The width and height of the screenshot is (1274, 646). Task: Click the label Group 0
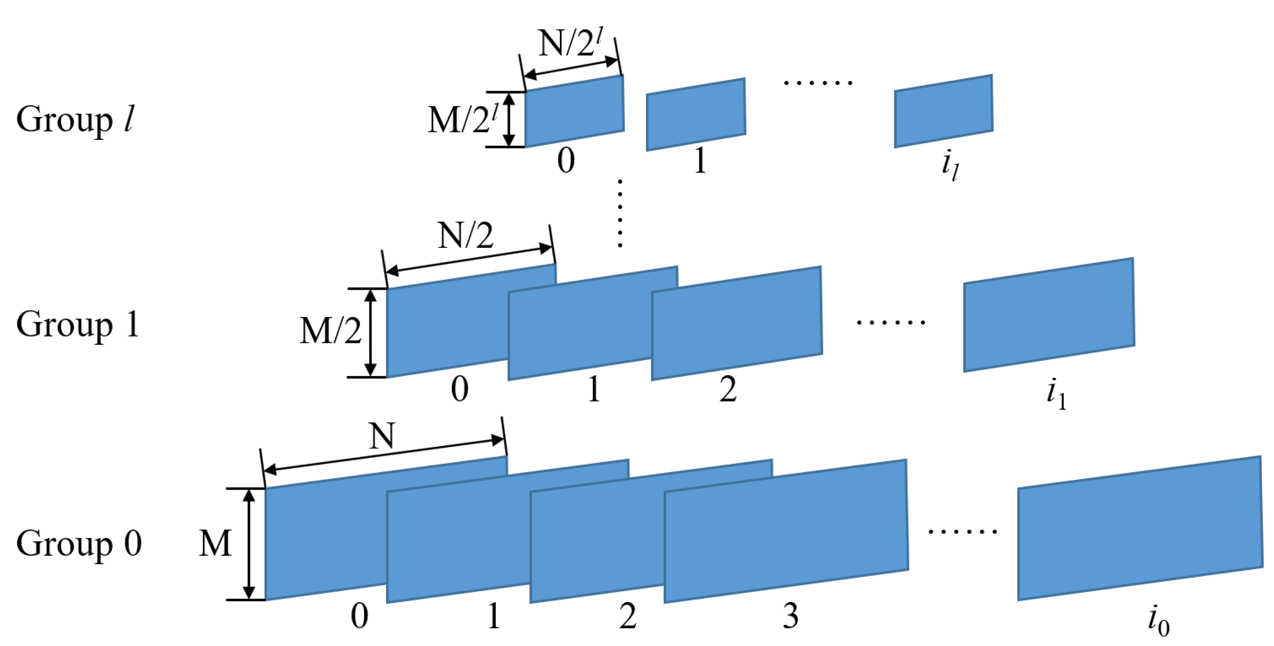(79, 544)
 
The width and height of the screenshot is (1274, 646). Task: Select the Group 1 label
(78, 325)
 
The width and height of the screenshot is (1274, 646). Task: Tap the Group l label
(74, 120)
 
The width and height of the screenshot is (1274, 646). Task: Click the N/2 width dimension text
(465, 236)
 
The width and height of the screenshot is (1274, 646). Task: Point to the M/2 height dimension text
(331, 331)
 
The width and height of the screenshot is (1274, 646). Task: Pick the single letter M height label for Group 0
(215, 544)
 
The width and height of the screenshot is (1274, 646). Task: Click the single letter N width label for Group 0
(382, 436)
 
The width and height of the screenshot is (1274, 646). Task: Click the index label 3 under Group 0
(790, 617)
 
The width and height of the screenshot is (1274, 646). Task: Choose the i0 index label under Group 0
(1158, 621)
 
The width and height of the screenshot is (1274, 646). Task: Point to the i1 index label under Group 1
(1056, 394)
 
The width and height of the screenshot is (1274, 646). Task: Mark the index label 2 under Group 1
(728, 390)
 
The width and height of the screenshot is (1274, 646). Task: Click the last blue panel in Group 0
(1139, 529)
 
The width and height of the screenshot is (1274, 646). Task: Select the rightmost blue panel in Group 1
(1049, 315)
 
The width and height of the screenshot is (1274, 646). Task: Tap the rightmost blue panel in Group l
(943, 111)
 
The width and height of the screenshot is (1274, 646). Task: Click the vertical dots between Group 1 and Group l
(620, 213)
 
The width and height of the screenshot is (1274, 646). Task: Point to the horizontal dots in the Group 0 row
(962, 532)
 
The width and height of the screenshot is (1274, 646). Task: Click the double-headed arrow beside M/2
(370, 333)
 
